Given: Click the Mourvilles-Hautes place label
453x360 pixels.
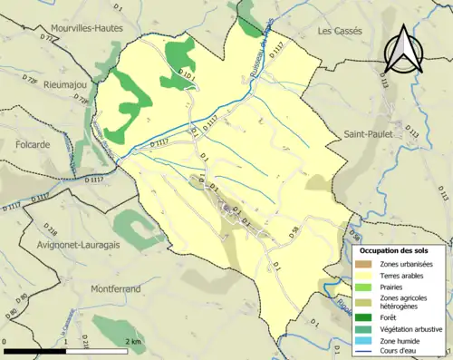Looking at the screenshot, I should pos(84,29).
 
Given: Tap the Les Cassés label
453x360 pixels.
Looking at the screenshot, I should pos(340,30).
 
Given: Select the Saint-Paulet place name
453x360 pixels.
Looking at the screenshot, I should pos(367,134).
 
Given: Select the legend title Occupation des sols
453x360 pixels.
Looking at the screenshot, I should pos(399,249).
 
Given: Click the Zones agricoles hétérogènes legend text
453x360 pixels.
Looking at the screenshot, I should pos(404,303).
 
